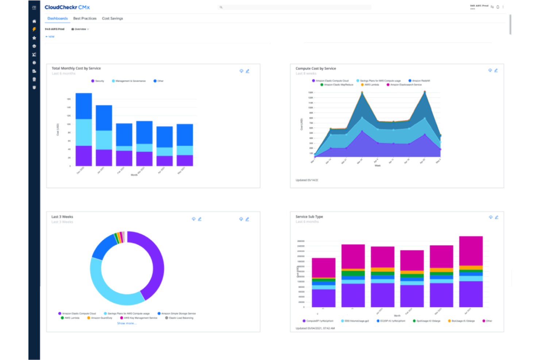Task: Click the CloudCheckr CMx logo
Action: (67, 7)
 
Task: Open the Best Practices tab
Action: (85, 18)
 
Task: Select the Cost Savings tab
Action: (112, 18)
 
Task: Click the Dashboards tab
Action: (58, 18)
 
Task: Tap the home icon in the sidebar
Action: (34, 21)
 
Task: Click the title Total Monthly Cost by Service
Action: (76, 68)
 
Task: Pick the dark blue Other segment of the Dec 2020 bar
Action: (84, 106)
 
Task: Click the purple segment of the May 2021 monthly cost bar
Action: (185, 160)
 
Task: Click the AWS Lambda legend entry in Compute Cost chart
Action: (370, 85)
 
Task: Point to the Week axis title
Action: (378, 166)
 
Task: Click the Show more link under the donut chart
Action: (127, 323)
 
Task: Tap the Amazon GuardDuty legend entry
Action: (100, 318)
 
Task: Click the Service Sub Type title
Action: (309, 217)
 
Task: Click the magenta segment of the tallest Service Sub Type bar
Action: (471, 251)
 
